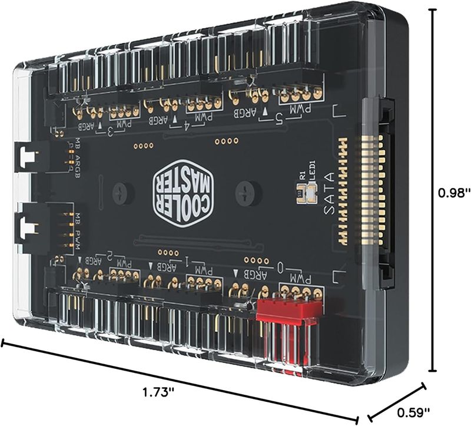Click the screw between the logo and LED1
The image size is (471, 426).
[x=242, y=191]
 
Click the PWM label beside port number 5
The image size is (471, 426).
[x=303, y=110]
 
